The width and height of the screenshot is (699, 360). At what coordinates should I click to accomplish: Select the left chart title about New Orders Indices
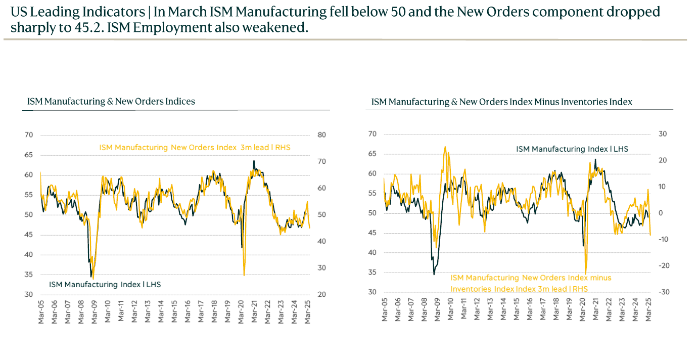111,101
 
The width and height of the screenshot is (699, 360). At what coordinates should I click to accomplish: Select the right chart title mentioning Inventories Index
502,102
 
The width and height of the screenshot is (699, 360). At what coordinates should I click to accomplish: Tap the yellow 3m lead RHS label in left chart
195,148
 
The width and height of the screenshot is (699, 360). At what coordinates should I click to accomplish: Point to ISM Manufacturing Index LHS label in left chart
105,285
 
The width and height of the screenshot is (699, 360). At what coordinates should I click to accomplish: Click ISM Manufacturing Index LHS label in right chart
572,149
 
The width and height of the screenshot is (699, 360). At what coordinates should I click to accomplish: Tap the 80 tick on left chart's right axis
321,135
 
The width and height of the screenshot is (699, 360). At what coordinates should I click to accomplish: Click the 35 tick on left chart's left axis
29,275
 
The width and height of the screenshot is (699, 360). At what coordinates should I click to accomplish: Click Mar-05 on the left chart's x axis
41,312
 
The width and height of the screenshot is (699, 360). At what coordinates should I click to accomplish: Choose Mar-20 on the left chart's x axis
242,312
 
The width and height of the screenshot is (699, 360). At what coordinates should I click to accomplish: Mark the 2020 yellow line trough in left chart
244,275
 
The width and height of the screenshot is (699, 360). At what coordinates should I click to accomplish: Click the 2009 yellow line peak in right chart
445,147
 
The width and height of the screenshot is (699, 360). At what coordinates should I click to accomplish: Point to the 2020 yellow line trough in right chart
586,274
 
